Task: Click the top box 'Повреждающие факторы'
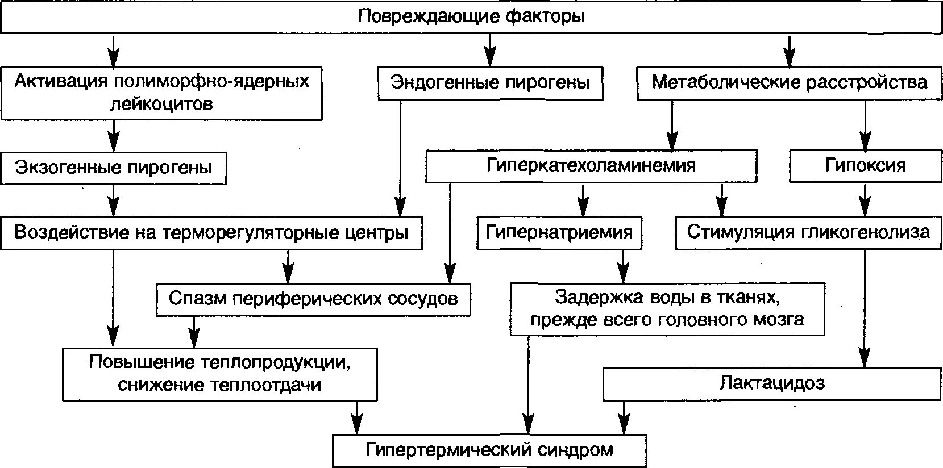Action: [471, 16]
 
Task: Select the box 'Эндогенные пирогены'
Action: [490, 83]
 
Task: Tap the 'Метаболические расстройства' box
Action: [788, 83]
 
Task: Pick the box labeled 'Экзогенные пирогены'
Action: [114, 168]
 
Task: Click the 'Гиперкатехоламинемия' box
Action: [591, 166]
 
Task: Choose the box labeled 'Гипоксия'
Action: [865, 166]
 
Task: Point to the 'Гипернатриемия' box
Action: [559, 232]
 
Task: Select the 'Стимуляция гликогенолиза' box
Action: [808, 232]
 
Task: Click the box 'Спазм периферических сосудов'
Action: [313, 299]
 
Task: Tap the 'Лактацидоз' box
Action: [771, 383]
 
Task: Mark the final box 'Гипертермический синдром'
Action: [489, 451]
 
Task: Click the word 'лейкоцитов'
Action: [162, 105]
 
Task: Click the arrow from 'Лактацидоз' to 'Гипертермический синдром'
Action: [625, 418]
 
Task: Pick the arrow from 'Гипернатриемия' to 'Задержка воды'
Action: [624, 266]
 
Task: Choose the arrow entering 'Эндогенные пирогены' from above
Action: [489, 51]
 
